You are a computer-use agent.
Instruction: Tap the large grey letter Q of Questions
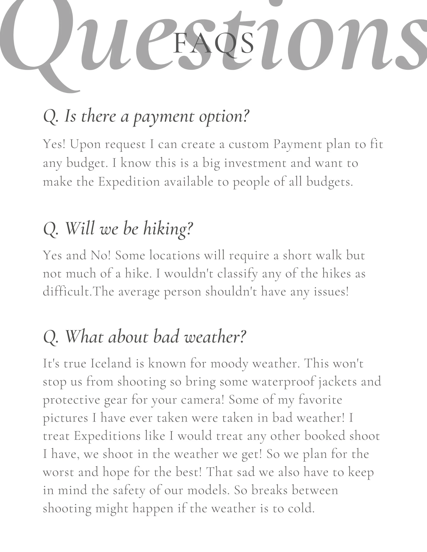click(38, 43)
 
